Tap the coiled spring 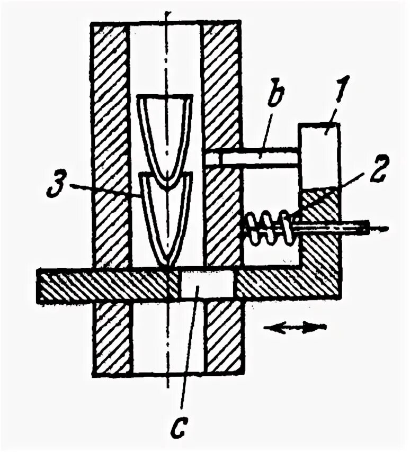click(x=268, y=228)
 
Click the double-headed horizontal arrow click(x=295, y=328)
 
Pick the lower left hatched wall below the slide click(x=111, y=339)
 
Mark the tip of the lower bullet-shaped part click(x=168, y=264)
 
